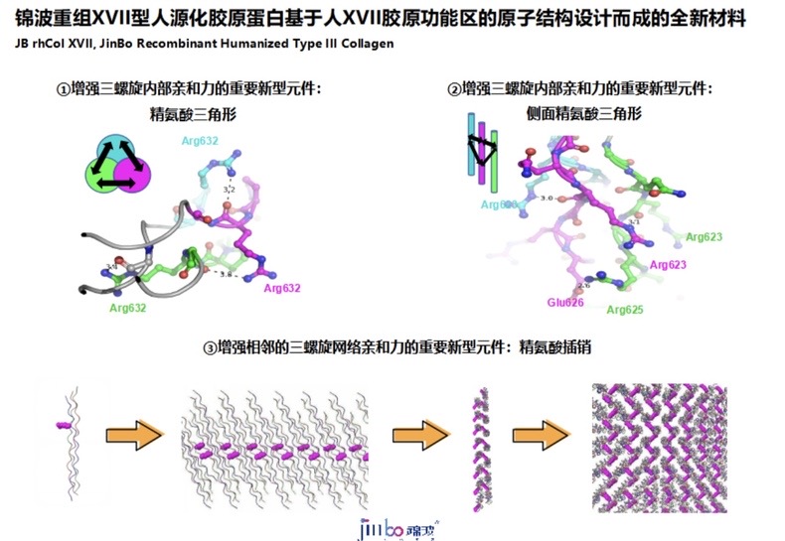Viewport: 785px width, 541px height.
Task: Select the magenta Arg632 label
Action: (281, 288)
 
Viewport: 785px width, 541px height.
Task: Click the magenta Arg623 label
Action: (667, 265)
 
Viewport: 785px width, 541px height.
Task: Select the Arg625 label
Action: (624, 310)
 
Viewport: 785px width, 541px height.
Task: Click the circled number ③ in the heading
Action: (210, 347)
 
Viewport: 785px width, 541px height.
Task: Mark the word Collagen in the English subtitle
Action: (368, 44)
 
